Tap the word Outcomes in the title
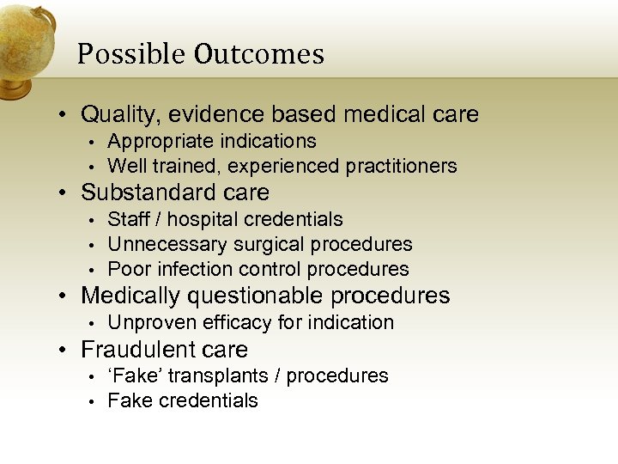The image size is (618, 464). click(x=258, y=55)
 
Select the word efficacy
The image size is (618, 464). click(x=235, y=323)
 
